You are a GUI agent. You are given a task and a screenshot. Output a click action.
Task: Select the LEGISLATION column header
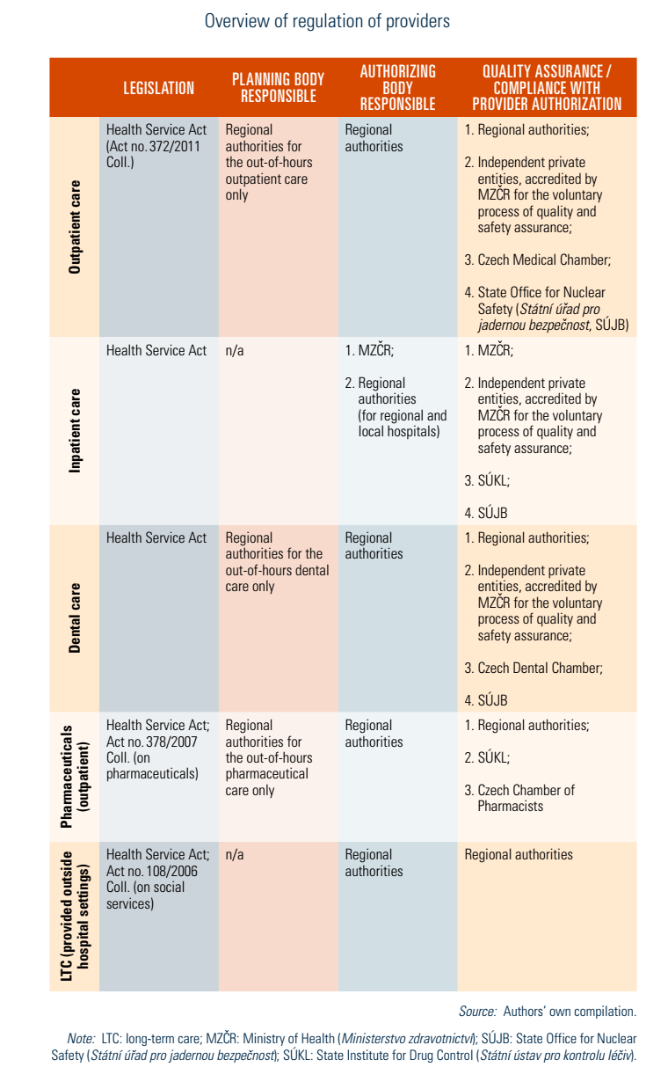pos(158,88)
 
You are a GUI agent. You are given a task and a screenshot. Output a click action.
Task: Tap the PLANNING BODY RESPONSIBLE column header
pos(278,88)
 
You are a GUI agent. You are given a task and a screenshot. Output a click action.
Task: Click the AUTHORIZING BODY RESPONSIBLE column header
pos(397,88)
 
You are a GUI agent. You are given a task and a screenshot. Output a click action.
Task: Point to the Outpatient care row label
pos(75,227)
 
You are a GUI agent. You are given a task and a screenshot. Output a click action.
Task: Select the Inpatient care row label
pos(75,430)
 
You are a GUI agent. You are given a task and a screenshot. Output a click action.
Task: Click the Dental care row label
pos(75,617)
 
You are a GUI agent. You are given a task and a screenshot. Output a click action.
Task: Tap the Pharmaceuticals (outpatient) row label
pos(74,776)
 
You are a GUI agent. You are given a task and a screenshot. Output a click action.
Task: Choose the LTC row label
pos(76,916)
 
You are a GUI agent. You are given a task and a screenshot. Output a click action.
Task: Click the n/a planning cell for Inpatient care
pos(235,350)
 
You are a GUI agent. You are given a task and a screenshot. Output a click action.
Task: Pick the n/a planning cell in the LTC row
pos(235,855)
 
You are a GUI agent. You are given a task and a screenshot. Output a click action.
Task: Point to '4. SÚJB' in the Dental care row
pos(486,701)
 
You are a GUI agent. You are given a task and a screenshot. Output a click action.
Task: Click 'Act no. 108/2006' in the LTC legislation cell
pos(152,871)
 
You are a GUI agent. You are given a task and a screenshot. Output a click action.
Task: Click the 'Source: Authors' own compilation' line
pos(547,1012)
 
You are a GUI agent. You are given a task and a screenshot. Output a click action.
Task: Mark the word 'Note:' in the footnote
pos(81,1039)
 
